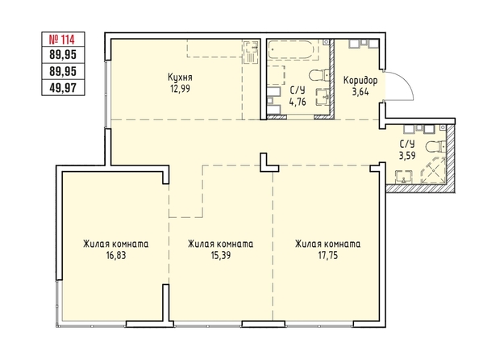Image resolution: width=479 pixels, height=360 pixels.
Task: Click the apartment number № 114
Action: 62,40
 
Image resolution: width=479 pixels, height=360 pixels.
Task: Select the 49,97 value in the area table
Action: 63,88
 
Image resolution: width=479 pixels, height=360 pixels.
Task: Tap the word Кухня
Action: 181,77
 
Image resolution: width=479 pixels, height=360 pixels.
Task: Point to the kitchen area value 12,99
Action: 181,89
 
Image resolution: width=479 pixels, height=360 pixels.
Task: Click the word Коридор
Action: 360,81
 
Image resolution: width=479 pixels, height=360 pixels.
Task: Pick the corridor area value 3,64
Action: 360,92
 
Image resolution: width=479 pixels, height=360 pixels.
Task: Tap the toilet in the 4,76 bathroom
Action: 319,75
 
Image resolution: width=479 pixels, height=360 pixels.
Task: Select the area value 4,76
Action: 298,101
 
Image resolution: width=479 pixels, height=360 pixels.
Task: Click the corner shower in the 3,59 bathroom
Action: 433,170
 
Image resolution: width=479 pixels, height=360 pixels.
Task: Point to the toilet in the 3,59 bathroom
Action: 436,147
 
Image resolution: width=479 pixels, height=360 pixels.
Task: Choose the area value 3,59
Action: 407,155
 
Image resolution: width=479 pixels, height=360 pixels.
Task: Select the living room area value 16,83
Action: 116,255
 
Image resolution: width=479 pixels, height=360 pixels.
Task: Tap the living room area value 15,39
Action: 221,255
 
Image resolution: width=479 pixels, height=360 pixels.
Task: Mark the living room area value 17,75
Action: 328,255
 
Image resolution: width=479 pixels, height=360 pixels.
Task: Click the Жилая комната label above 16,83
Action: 116,244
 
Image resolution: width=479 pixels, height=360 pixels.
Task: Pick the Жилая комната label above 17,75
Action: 327,244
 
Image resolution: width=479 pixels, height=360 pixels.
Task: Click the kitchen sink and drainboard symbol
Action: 251,52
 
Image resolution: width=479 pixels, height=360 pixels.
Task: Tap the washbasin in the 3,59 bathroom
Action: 404,177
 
